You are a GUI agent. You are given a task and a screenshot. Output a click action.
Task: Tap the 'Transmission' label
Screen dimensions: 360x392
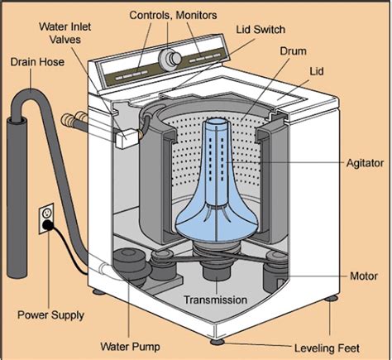click(217, 300)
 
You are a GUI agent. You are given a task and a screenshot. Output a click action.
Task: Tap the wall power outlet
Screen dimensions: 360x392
click(46, 218)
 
